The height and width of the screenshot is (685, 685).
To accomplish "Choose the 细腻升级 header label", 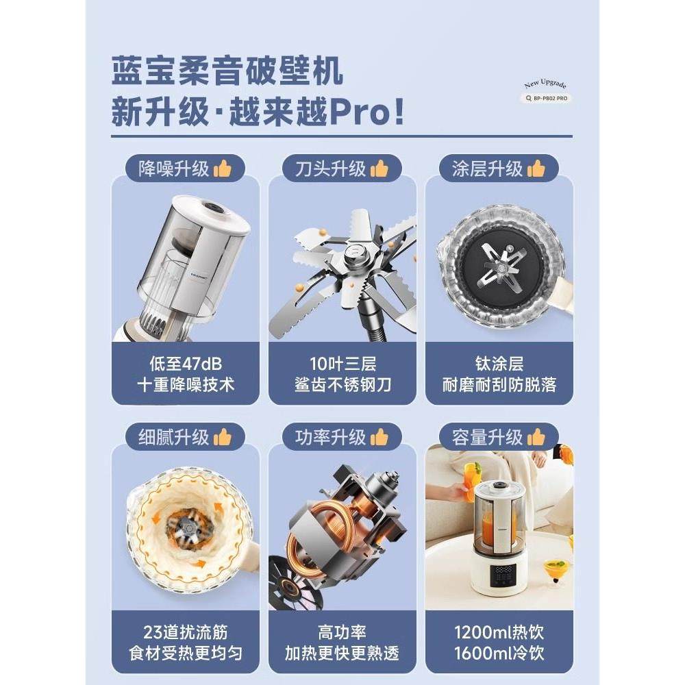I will pyautogui.click(x=174, y=437).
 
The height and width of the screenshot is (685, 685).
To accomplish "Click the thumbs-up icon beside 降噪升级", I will pyautogui.click(x=222, y=169).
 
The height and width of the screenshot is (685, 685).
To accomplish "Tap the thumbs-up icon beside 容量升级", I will pyautogui.click(x=536, y=436).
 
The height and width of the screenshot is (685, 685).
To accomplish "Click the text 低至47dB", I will pyautogui.click(x=186, y=363).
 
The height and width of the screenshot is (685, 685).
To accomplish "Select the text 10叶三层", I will pyautogui.click(x=342, y=363).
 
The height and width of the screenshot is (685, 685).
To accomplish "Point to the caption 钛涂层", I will pyautogui.click(x=499, y=363).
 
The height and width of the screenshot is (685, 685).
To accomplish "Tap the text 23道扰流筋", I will pyautogui.click(x=186, y=632).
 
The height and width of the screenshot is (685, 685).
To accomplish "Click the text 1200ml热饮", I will pyautogui.click(x=499, y=632).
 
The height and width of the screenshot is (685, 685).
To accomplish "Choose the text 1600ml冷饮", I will pyautogui.click(x=499, y=653).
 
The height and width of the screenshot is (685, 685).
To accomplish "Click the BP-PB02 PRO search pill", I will pyautogui.click(x=545, y=98).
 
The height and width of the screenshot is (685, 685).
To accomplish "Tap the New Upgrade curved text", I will pyautogui.click(x=545, y=84).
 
